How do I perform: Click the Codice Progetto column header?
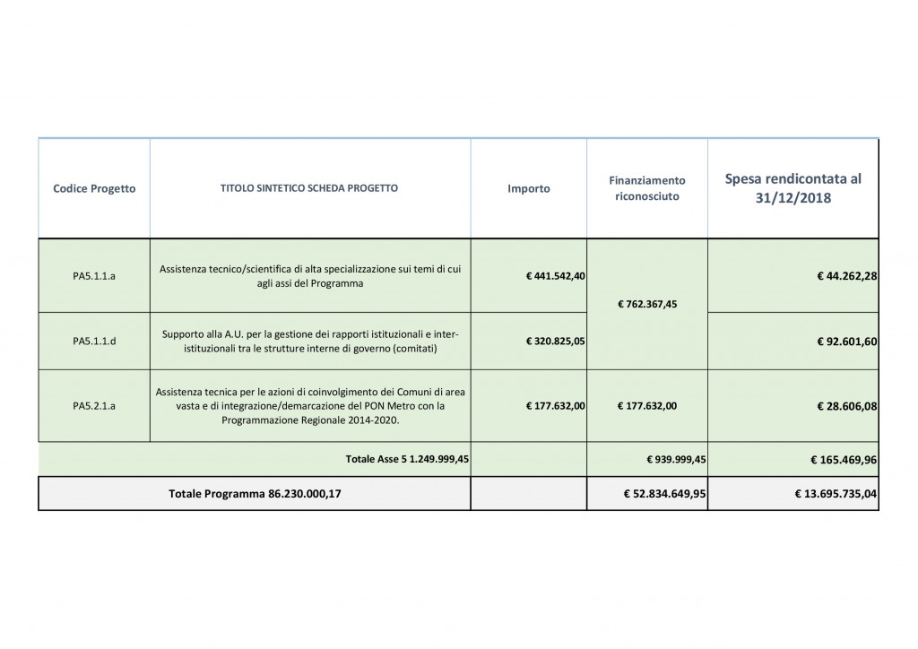tap(94, 189)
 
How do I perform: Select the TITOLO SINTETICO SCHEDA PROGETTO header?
tap(309, 189)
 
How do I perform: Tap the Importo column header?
tap(529, 189)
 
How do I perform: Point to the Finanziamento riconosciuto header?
tap(648, 188)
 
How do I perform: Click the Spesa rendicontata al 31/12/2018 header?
tap(792, 189)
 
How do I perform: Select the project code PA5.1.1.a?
tap(94, 276)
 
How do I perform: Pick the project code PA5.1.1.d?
tap(94, 342)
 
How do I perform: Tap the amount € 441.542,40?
tap(556, 276)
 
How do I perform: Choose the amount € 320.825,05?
tap(556, 342)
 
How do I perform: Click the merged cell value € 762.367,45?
tap(648, 304)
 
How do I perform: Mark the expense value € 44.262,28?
tap(846, 276)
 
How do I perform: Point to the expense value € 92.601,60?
tap(846, 342)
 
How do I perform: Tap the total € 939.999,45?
tap(677, 459)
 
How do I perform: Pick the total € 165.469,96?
tap(840, 459)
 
